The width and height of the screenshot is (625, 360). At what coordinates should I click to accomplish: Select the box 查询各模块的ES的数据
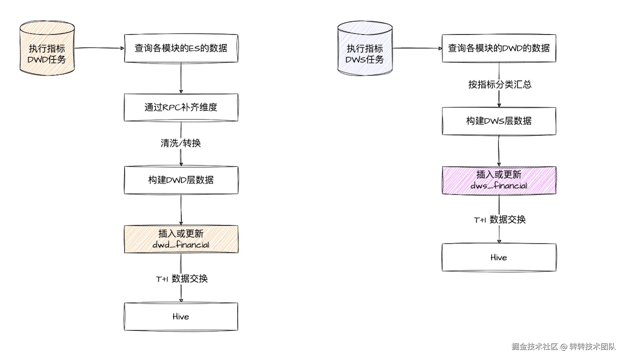(x=181, y=48)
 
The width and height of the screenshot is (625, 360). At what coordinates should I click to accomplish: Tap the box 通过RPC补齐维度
(x=181, y=107)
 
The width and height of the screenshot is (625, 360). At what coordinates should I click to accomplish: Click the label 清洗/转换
(x=181, y=143)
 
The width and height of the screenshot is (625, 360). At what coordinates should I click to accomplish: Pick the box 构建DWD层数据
(x=181, y=180)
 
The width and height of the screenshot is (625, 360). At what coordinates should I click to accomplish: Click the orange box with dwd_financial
(x=181, y=239)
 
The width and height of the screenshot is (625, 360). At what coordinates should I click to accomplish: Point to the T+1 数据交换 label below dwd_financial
(x=182, y=279)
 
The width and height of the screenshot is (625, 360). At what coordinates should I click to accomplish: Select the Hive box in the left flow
(x=181, y=316)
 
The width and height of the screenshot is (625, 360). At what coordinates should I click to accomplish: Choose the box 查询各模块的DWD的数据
(x=499, y=48)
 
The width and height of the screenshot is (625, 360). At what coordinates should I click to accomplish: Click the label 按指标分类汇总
(x=500, y=84)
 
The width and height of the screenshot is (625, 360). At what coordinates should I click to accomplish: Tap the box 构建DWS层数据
(x=499, y=121)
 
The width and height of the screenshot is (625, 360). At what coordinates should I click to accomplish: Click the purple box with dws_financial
(x=499, y=180)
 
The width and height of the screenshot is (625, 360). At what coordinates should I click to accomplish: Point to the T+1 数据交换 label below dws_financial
(x=500, y=219)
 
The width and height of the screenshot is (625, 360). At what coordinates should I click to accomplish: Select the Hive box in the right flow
(x=499, y=257)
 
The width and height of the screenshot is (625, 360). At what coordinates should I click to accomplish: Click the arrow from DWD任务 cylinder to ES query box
(x=99, y=48)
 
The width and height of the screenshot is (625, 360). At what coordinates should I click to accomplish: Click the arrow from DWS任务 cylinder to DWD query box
(x=417, y=48)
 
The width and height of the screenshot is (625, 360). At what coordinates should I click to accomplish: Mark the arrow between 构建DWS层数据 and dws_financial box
(x=499, y=151)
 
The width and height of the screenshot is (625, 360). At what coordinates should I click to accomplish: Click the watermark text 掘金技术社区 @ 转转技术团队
(x=563, y=346)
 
